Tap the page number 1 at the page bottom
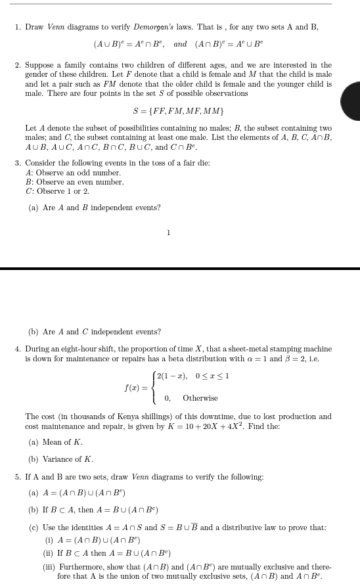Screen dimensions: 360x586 coord(169,232)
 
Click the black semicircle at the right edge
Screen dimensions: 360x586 coord(351,101)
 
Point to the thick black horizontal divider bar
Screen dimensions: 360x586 coord(180,268)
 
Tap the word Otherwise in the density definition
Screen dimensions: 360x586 coord(200,398)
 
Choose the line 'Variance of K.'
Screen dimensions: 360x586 coord(68,459)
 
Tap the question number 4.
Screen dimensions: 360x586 coord(18,349)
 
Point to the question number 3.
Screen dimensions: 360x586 coord(18,162)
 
